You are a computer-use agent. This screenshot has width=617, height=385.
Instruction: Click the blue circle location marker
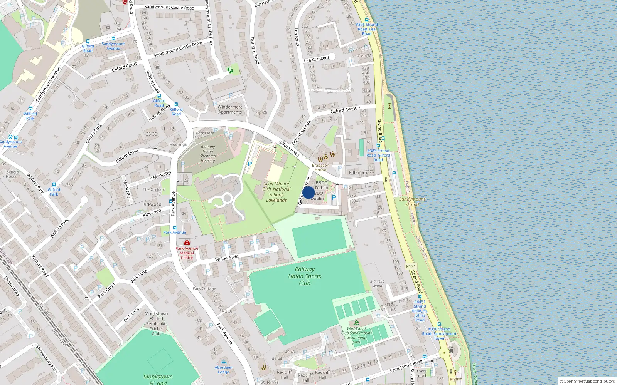[x=308, y=192]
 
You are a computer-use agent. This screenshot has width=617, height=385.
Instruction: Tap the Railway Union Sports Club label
[x=304, y=276]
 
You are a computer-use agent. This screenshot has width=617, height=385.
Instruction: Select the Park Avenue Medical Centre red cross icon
[x=187, y=243]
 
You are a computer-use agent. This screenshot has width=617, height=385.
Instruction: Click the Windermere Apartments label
[x=230, y=110]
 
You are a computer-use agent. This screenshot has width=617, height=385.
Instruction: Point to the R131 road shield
[x=411, y=266]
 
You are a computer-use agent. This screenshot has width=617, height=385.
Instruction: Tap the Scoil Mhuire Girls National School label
[x=276, y=192]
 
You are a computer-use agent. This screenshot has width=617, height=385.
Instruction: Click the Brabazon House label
[x=320, y=167]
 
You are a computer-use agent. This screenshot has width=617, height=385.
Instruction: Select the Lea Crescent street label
[x=317, y=59]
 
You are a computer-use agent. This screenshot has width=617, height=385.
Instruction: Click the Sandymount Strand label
[x=412, y=202]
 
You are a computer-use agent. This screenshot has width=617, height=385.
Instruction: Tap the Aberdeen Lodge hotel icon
[x=224, y=362]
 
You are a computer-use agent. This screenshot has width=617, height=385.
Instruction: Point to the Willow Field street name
[x=227, y=258]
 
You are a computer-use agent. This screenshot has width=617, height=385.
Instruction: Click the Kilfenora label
[x=357, y=172]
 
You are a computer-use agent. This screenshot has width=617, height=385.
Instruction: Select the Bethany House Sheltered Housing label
[x=208, y=154]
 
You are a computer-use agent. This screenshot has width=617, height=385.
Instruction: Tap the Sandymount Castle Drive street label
[x=178, y=49]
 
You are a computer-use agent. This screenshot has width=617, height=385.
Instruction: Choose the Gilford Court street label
[x=124, y=67]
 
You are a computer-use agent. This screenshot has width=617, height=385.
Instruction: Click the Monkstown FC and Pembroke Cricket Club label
[x=156, y=323]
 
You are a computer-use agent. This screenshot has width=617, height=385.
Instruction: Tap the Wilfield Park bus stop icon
[x=30, y=109]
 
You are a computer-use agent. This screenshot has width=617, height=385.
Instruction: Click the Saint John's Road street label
[x=406, y=366]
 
